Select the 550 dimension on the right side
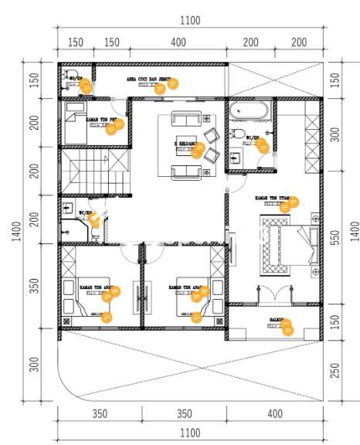(x=335, y=239)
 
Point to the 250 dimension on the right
(x=335, y=370)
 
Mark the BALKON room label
(x=277, y=319)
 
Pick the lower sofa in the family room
(x=185, y=171)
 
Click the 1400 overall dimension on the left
(x=16, y=231)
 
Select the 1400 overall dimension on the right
(x=355, y=231)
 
